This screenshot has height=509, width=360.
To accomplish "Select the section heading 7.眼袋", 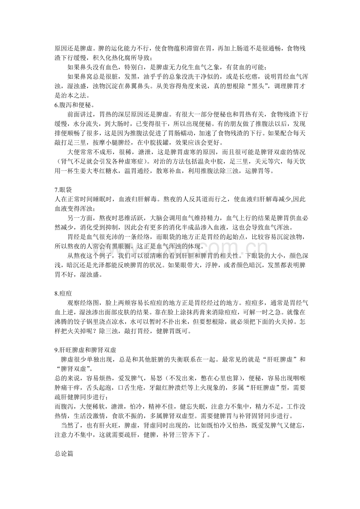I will pos(63,190).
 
